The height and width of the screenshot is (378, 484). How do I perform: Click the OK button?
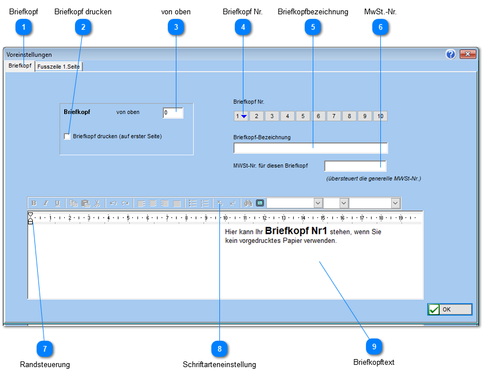pos(450,309)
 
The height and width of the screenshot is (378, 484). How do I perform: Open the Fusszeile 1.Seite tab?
pos(58,66)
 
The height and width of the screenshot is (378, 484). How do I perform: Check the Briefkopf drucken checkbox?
pos(67,136)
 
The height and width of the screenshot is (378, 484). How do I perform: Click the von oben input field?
pos(173,113)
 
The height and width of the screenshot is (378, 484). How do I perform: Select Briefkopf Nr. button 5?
pos(303,116)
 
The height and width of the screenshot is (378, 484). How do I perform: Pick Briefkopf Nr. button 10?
pos(380,116)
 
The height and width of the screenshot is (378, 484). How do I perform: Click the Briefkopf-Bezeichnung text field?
pos(310,148)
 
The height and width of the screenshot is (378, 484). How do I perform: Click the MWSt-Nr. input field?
pos(355,166)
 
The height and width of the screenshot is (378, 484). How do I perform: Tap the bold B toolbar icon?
pos(34,203)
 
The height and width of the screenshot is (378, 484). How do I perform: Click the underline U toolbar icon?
pos(57,203)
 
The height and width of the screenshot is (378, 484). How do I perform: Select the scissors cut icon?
pos(97,203)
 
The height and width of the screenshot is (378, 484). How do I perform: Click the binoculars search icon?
pos(248,203)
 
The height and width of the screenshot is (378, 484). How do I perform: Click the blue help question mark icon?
pos(451,54)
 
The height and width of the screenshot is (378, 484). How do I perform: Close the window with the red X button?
pos(467,54)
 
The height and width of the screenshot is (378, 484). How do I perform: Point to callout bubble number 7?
pos(45,349)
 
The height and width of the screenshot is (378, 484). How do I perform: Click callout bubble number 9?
pos(374,346)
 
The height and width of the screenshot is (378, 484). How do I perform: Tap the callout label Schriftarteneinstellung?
pos(219,364)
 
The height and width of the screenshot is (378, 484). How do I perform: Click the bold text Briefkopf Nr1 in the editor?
pos(296,230)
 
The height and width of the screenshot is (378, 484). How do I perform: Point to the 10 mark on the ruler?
pos(225,218)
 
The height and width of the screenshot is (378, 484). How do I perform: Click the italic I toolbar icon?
pos(46,203)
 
